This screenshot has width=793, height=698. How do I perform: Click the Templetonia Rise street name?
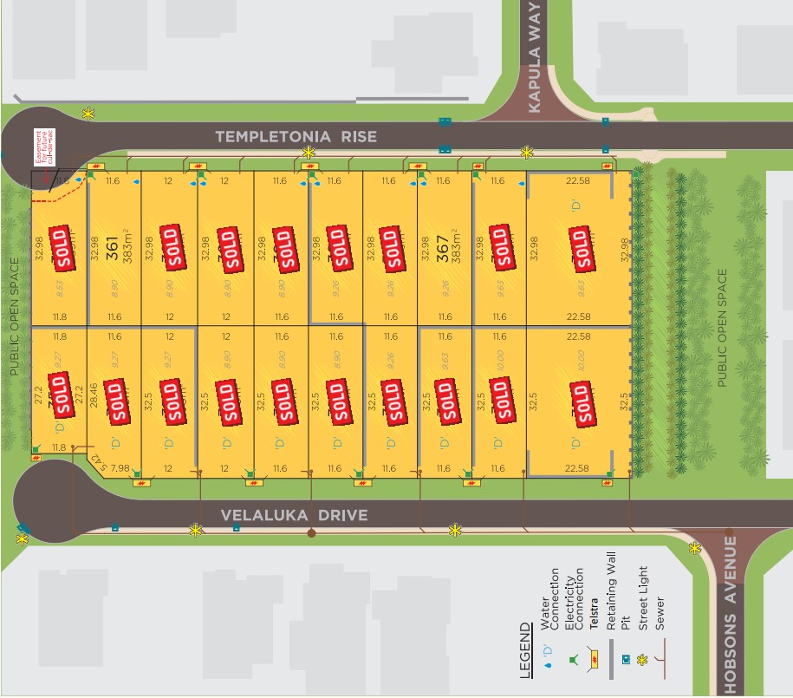pyautogui.click(x=296, y=136)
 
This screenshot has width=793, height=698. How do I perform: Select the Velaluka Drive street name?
pyautogui.click(x=294, y=515)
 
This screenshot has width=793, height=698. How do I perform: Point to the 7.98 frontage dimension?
pyautogui.click(x=120, y=469)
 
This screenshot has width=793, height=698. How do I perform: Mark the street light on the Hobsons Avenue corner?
pyautogui.click(x=694, y=547)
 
